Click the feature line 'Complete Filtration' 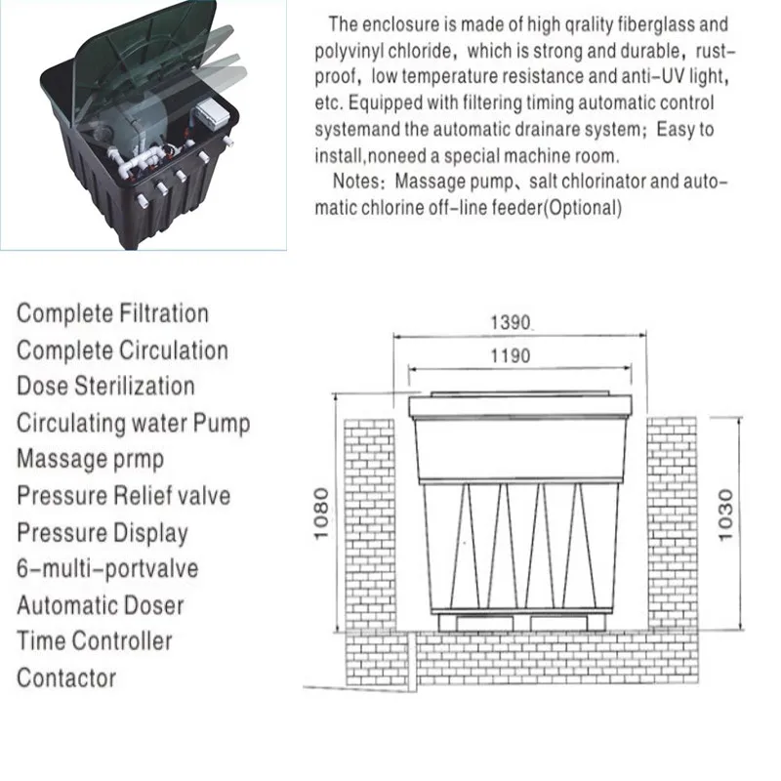(112, 313)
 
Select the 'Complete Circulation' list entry (122, 349)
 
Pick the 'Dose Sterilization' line (105, 386)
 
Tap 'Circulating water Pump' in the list (133, 423)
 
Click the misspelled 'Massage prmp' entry (90, 459)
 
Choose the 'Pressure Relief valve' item (123, 495)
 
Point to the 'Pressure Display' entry (102, 532)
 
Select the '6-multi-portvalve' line (107, 568)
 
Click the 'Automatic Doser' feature (100, 604)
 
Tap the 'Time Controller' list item (94, 641)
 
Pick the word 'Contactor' (66, 678)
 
